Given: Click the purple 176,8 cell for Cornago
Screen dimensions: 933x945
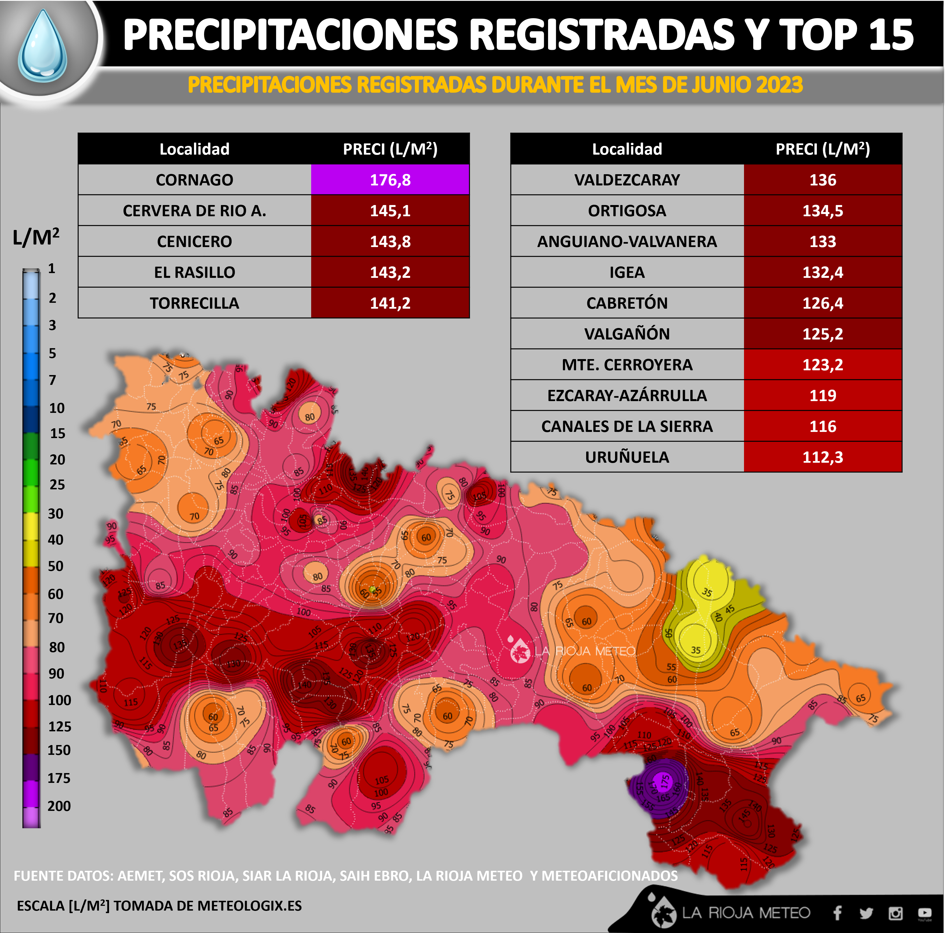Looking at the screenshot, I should point(390,180).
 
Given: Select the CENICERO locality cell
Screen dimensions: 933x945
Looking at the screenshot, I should point(194,241).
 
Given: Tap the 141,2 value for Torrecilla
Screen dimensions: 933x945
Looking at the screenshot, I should point(390,303).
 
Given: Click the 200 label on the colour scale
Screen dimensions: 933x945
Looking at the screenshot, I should point(59,806).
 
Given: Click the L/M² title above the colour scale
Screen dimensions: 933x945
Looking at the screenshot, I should point(36,237).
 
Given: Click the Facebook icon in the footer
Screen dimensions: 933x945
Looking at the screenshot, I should point(837,913).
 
